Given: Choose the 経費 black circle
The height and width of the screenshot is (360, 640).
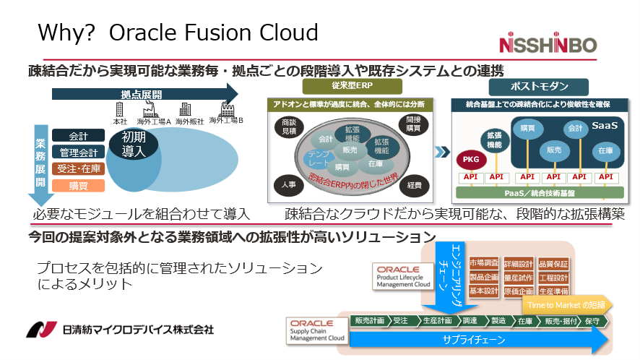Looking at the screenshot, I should click(414, 185).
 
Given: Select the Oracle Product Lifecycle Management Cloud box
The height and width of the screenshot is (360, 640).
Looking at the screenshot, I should click(403, 276).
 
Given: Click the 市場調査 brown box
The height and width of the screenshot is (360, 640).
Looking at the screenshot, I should click(484, 264).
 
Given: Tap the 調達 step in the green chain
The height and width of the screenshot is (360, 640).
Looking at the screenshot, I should click(470, 320).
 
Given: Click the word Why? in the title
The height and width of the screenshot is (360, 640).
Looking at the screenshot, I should click(63, 33).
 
